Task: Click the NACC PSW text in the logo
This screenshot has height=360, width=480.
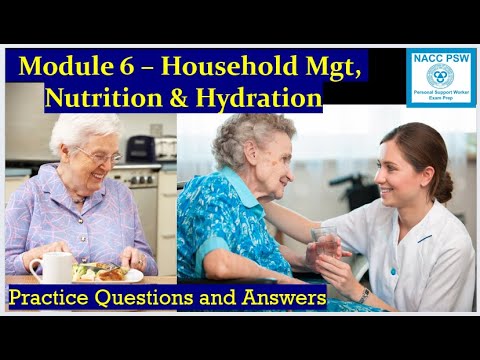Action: pos(441,59)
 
